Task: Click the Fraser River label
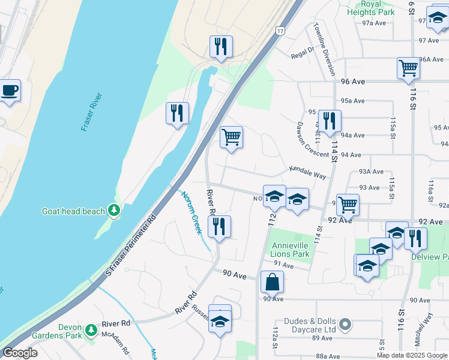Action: (92, 113)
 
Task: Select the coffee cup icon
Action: (10, 91)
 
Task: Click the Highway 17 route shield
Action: (280, 31)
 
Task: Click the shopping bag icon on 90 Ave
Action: (272, 281)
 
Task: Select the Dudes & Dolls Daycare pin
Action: (345, 325)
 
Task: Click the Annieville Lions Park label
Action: (291, 250)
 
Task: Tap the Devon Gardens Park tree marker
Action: (91, 330)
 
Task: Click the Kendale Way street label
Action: (307, 173)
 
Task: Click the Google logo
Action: (19, 353)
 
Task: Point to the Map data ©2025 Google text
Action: (412, 355)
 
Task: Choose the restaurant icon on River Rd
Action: (219, 227)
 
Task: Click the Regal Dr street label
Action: (303, 52)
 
